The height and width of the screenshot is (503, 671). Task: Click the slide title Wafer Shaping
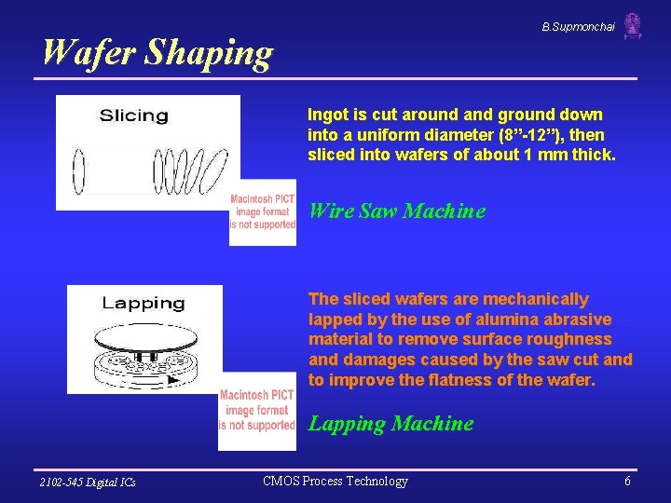click(157, 53)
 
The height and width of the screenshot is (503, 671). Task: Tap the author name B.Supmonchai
click(578, 27)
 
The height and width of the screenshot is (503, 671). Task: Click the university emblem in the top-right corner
click(633, 26)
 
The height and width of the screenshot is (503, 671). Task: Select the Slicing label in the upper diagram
click(134, 116)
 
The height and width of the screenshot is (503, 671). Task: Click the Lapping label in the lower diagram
click(143, 303)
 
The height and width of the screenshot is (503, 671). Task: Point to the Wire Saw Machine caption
click(397, 211)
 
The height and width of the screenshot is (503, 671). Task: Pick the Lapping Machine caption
click(390, 424)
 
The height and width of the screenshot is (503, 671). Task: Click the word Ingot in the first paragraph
click(328, 115)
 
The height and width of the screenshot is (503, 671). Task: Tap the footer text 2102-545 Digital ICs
click(88, 482)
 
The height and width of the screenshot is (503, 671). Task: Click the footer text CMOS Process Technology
click(335, 482)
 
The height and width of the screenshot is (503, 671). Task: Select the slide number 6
click(627, 482)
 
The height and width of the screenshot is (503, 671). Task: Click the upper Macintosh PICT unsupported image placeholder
click(263, 212)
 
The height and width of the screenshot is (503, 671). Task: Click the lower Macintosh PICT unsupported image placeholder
click(257, 411)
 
